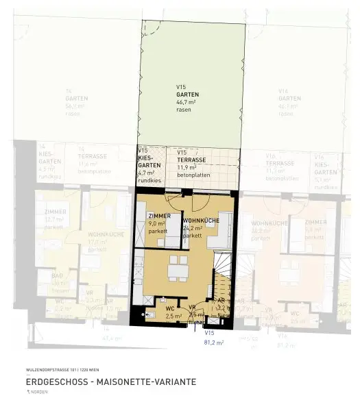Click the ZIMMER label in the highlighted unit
pos(159,216)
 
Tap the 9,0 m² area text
pos(158,223)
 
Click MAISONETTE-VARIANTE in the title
pos(149,382)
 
